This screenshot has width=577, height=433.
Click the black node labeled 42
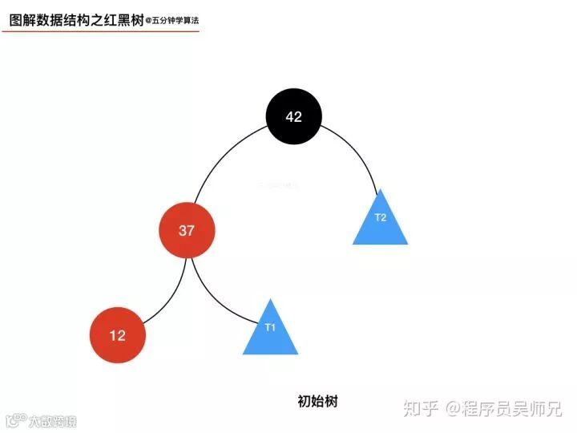tap(294, 116)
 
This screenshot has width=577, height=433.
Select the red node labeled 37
tap(187, 231)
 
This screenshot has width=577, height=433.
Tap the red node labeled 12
tap(118, 335)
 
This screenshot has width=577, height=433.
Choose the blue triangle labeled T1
tap(270, 331)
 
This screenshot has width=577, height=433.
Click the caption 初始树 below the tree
tap(317, 401)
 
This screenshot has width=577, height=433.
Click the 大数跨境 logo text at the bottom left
tap(48, 420)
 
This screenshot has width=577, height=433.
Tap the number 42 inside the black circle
tap(294, 116)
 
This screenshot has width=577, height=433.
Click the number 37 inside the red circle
tap(187, 231)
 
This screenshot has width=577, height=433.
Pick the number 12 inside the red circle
tap(118, 335)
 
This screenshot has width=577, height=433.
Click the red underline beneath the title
tap(99, 32)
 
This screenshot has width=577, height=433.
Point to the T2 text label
tap(381, 217)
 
